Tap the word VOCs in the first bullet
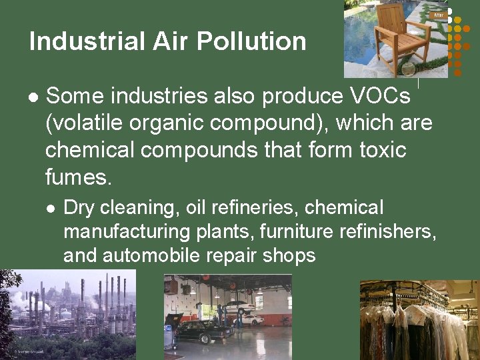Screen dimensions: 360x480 coord(380,96)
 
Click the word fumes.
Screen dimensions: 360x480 coord(79,177)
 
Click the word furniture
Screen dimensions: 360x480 coord(298,231)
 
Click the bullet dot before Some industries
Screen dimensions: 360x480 coord(34,97)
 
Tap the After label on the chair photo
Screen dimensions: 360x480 coord(439,14)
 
